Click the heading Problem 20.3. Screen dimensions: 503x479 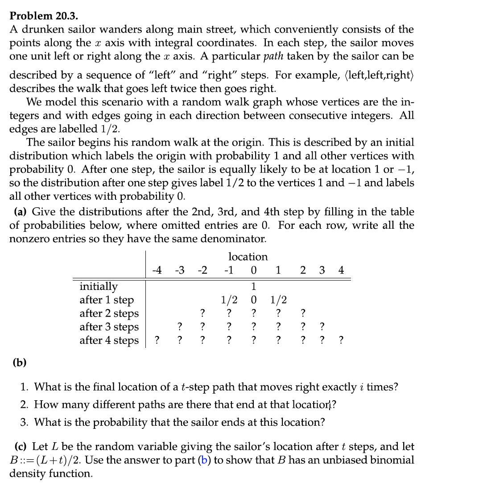click(44, 16)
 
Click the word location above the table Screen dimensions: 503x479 click(248, 256)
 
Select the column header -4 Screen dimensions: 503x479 click(157, 270)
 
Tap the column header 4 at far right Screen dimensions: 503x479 click(341, 270)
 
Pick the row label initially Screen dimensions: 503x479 click(98, 286)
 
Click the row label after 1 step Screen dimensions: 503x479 click(106, 300)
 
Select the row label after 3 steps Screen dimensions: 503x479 click(109, 327)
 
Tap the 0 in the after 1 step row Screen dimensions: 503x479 click(253, 300)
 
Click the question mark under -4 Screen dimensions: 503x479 click(157, 340)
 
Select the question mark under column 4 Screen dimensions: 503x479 click(341, 340)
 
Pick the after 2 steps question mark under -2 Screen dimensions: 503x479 click(203, 313)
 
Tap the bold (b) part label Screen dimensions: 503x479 click(19, 362)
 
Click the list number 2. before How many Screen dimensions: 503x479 click(25, 405)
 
